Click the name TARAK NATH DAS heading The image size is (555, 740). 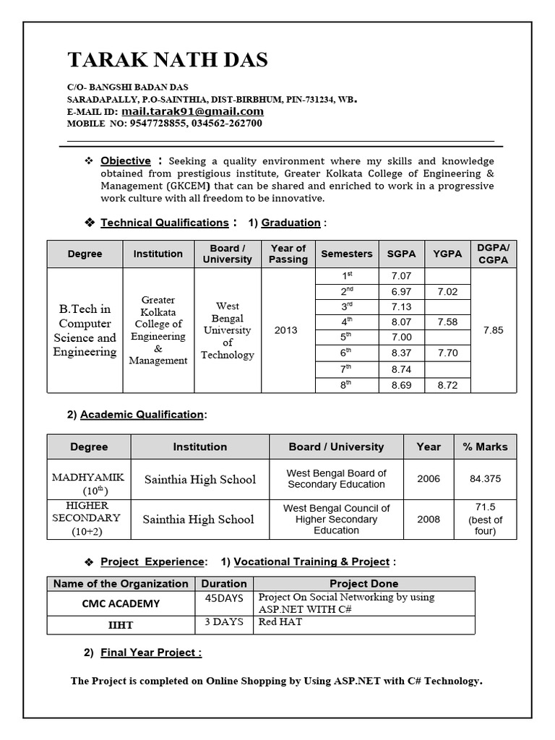click(x=168, y=59)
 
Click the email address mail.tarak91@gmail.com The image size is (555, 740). click(x=192, y=111)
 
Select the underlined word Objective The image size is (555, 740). click(x=126, y=160)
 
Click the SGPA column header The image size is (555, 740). click(x=401, y=254)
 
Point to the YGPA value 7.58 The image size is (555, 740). click(x=447, y=322)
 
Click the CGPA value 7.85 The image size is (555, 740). click(x=493, y=330)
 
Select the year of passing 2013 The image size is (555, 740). click(x=285, y=330)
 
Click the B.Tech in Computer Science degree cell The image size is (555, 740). click(x=85, y=330)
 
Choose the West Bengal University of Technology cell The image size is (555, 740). click(x=228, y=330)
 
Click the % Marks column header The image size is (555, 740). click(x=485, y=447)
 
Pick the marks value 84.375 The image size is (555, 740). click(x=485, y=478)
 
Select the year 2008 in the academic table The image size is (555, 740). click(x=429, y=519)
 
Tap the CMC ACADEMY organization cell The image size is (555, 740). click(x=121, y=603)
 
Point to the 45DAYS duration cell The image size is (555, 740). click(x=224, y=598)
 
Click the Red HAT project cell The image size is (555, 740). click(x=280, y=621)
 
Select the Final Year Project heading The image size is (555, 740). click(x=150, y=653)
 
